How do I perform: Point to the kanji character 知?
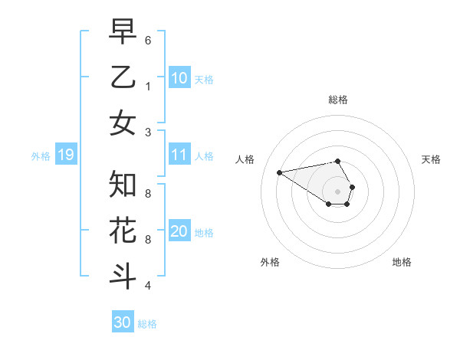123,184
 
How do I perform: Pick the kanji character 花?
123,230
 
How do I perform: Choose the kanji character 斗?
123,276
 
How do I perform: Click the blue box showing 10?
179,78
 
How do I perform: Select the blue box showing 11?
179,155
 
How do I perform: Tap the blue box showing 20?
179,232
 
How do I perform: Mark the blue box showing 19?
65,155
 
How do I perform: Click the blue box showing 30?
122,322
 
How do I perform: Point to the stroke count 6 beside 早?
148,39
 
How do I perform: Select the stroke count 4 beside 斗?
148,286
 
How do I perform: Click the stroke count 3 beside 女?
148,132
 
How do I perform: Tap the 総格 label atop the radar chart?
338,100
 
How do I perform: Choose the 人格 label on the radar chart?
246,159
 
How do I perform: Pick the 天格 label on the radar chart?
431,159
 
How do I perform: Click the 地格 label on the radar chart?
402,262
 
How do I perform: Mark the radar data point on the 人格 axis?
280,172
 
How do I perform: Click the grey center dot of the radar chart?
338,191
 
